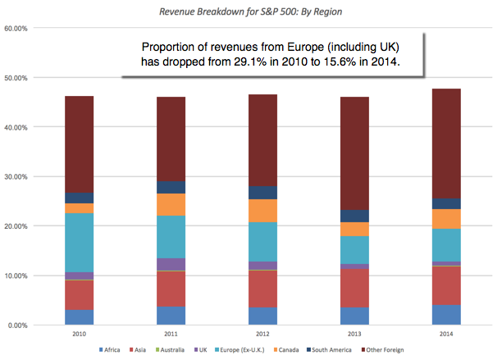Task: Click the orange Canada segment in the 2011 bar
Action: (171, 204)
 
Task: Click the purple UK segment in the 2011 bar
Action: (171, 264)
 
